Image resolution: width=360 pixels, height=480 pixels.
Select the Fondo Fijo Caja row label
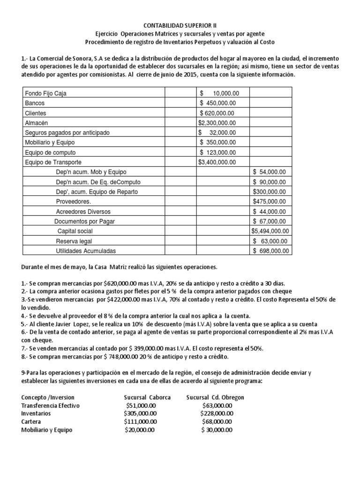pyautogui.click(x=45, y=93)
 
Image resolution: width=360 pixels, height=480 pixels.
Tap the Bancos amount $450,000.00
pyautogui.click(x=218, y=103)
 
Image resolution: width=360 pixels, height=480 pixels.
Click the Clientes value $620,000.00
pyautogui.click(x=218, y=113)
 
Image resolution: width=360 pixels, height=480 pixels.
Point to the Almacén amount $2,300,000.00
pyautogui.click(x=218, y=123)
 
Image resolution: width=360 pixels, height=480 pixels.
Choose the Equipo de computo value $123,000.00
pyautogui.click(x=218, y=152)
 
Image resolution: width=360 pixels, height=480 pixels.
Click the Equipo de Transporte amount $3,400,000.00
pyautogui.click(x=218, y=162)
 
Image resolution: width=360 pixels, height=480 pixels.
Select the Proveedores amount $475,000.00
pyautogui.click(x=271, y=202)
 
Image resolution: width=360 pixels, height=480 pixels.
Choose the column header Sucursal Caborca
pyautogui.click(x=147, y=397)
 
